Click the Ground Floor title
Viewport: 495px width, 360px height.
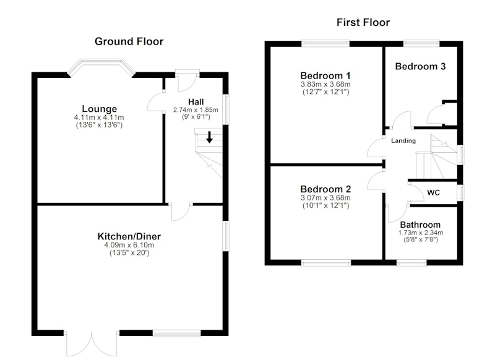[129, 41]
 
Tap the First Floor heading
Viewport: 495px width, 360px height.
[363, 23]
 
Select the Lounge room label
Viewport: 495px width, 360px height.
[100, 109]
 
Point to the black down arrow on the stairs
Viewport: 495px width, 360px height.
[209, 137]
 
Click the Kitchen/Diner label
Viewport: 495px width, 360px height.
[129, 236]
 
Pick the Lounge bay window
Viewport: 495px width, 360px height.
[101, 67]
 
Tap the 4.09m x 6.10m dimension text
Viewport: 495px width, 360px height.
[129, 245]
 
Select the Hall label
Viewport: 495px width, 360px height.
[196, 102]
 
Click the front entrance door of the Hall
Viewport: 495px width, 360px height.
[187, 80]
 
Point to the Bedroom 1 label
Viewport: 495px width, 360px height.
[325, 75]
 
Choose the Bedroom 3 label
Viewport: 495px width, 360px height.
[420, 66]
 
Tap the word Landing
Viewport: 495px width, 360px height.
[403, 140]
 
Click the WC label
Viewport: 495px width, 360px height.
[434, 193]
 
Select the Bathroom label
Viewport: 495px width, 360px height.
[420, 225]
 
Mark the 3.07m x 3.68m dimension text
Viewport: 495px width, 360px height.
[325, 198]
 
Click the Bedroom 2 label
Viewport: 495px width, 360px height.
[325, 189]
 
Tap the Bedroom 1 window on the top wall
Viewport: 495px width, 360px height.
[325, 43]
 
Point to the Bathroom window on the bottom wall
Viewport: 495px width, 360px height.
[411, 262]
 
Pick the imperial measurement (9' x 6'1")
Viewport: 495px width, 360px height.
[196, 117]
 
